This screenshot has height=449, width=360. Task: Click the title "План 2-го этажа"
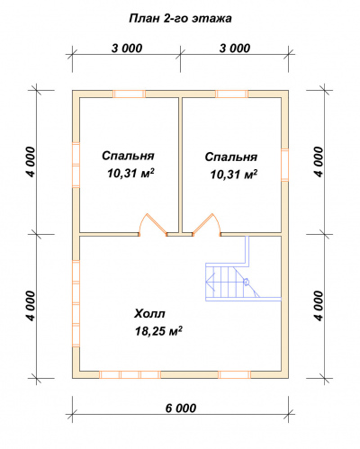[x=180, y=18]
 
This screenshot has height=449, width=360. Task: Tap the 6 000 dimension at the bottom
[x=181, y=408]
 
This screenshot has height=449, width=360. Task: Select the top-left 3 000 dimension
[x=127, y=49]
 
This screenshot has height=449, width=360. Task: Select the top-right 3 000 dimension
[x=235, y=49]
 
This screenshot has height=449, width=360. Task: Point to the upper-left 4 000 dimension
[x=31, y=162]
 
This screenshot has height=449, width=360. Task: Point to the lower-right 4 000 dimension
[x=319, y=306]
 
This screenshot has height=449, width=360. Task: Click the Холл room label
[x=149, y=314]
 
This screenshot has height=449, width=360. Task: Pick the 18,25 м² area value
[x=158, y=331]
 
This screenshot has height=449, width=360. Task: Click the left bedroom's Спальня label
[x=128, y=156]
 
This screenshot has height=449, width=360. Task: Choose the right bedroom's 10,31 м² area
[x=234, y=174]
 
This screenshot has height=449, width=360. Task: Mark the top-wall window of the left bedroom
[x=129, y=94]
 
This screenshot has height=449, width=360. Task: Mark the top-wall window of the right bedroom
[x=232, y=94]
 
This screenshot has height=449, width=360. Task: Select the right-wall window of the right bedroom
[x=284, y=165]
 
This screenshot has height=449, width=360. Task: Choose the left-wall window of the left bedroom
[x=76, y=165]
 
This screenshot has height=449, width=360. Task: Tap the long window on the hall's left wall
[x=76, y=303]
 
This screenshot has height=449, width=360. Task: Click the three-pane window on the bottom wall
[x=130, y=374]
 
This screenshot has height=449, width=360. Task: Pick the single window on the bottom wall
[x=235, y=374]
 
